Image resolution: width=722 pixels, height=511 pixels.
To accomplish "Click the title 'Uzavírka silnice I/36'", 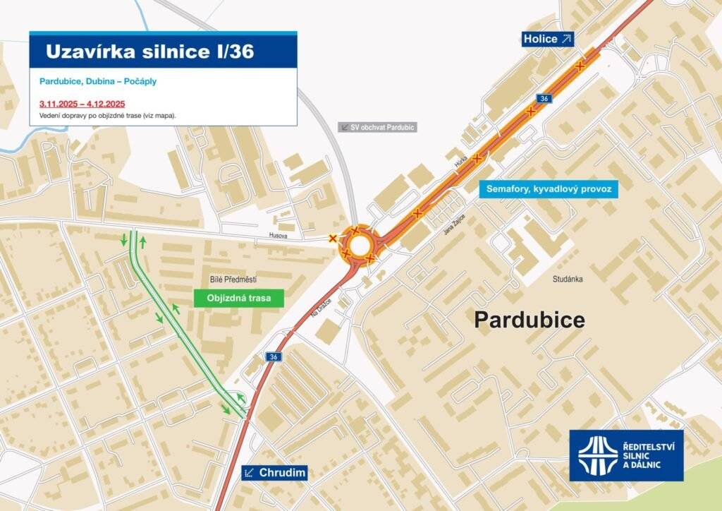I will [149, 51].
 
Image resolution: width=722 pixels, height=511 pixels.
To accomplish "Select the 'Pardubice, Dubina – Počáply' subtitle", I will [98, 81].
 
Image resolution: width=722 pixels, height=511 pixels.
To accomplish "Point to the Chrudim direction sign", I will [275, 473].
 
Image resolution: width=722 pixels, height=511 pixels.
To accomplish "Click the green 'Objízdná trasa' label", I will [238, 298].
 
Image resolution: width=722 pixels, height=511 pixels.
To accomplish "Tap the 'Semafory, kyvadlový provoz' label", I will [548, 189].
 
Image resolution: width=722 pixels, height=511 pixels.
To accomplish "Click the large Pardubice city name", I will [529, 320].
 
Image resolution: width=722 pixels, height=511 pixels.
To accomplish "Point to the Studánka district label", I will [568, 279].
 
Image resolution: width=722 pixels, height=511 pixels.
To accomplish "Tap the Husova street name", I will [278, 236].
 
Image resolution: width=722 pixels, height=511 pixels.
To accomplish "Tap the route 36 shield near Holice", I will [542, 98].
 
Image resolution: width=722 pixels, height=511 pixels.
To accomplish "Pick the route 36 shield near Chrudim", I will [274, 357].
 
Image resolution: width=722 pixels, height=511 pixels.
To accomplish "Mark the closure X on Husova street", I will [333, 239].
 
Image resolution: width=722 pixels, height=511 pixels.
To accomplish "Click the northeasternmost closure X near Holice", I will [580, 66].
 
